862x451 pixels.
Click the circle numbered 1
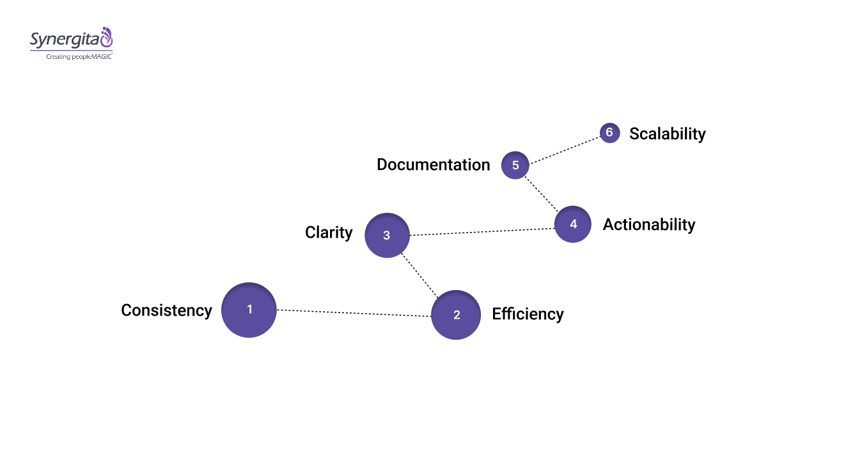pos(249,310)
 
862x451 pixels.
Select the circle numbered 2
pos(456,315)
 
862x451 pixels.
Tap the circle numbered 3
pos(386,235)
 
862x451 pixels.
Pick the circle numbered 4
pos(573,224)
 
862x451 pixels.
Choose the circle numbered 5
pos(515,165)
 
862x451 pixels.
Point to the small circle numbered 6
pos(609,133)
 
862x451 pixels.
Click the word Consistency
pos(166,310)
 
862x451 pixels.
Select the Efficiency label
pos(528,314)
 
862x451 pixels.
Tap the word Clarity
pos(329,233)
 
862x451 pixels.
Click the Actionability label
pos(648,225)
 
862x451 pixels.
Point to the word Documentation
pos(433,165)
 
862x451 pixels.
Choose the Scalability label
pos(667,134)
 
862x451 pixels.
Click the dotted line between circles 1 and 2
pos(354,313)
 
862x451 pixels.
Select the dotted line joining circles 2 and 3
pos(420,275)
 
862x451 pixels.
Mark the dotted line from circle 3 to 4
pos(481,232)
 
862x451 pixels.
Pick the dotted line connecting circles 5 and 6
pos(565,149)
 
